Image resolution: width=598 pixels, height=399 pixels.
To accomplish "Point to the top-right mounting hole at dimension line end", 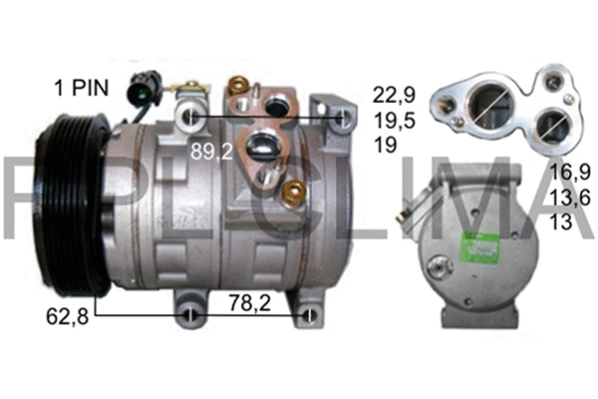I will (x=344, y=120).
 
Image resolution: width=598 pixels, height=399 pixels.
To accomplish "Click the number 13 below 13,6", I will (x=561, y=222).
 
